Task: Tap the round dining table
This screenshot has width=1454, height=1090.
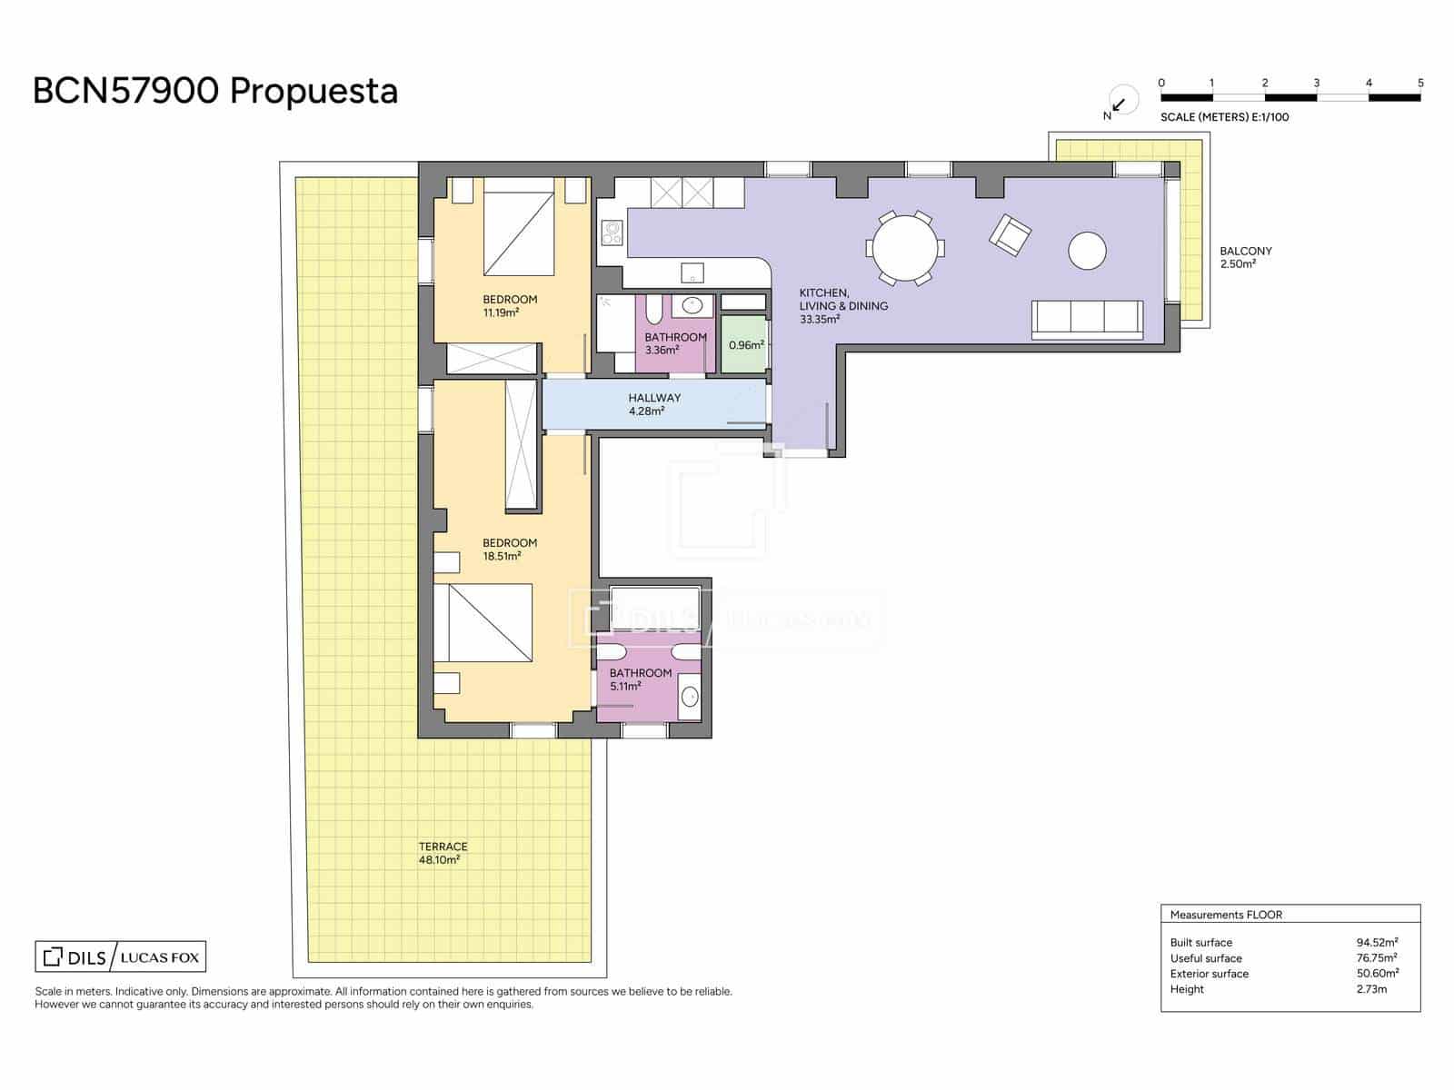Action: pos(904,248)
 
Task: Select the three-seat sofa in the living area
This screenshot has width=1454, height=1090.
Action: pos(1087,320)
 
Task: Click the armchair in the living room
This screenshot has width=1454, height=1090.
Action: pos(1010,235)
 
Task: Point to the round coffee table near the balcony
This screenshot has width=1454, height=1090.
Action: pos(1087,250)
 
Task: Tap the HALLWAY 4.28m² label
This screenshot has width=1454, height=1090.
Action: pos(653,404)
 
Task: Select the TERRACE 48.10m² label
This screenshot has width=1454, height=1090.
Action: pos(443,852)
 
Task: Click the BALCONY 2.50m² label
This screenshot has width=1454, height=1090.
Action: pos(1245,257)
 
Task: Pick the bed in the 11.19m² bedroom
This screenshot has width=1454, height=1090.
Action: pos(518,227)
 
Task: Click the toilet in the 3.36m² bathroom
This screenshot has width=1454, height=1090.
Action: pos(653,311)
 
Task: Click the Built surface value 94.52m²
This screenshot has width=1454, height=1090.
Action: pos(1377,943)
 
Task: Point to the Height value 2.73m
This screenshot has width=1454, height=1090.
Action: pos(1371,989)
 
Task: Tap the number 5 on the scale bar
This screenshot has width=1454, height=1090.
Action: pos(1419,83)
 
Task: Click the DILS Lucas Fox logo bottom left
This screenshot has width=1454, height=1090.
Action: pos(120,956)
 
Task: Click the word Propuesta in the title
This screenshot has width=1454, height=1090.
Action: pos(314,92)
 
